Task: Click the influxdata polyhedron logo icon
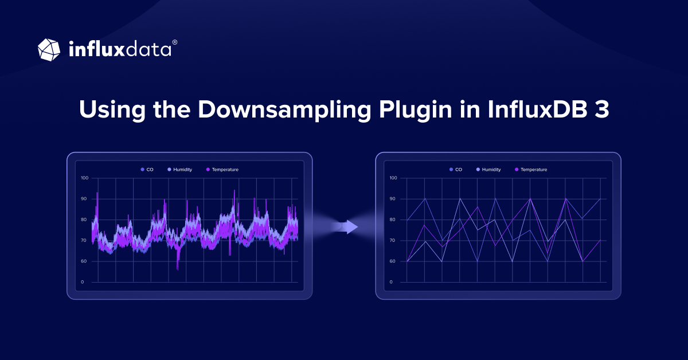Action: pyautogui.click(x=49, y=49)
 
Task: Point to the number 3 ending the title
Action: pyautogui.click(x=601, y=109)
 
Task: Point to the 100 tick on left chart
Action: pyautogui.click(x=84, y=178)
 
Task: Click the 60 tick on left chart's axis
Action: pyautogui.click(x=84, y=261)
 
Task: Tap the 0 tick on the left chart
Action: pyautogui.click(x=83, y=282)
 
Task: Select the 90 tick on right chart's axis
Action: pyautogui.click(x=393, y=199)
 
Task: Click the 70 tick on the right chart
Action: pyautogui.click(x=393, y=241)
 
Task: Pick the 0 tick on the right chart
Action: pyautogui.click(x=391, y=282)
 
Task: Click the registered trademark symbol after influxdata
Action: pyautogui.click(x=175, y=42)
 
